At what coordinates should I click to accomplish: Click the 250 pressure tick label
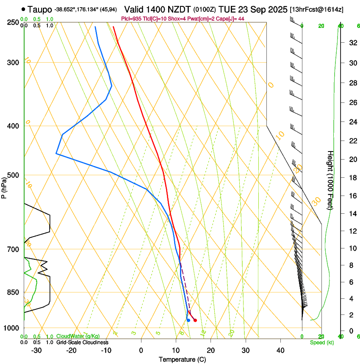(13, 22)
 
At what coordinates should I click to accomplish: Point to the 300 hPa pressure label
(13, 63)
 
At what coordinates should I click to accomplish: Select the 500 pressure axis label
(13, 175)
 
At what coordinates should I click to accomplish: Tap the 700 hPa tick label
(13, 249)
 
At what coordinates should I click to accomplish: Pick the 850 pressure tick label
(13, 292)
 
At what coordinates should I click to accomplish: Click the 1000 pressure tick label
(11, 328)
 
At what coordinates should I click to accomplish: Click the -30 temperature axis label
(36, 350)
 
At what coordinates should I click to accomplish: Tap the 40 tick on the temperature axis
(280, 350)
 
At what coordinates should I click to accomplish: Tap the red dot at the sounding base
(195, 320)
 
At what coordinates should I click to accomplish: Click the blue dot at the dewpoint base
(188, 320)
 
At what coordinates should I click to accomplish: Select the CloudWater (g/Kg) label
(78, 336)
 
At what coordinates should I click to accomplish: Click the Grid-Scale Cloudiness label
(82, 342)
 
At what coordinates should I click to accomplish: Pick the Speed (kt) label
(321, 342)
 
